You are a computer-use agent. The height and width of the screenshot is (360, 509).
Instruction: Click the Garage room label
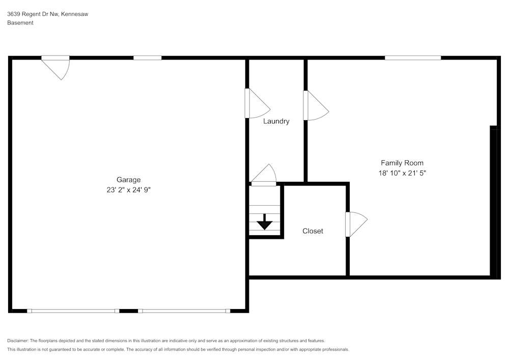pyautogui.click(x=128, y=180)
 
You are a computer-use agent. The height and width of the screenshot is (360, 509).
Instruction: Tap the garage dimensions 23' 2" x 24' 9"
pyautogui.click(x=128, y=190)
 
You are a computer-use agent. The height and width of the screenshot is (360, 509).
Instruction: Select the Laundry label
pyautogui.click(x=276, y=121)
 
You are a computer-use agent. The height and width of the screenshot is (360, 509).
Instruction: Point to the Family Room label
pyautogui.click(x=402, y=163)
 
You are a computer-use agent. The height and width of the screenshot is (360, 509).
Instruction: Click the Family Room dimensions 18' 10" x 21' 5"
pyautogui.click(x=402, y=173)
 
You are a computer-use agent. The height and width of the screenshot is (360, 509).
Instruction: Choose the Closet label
pyautogui.click(x=313, y=231)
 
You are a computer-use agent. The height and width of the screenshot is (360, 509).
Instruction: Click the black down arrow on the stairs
pyautogui.click(x=264, y=222)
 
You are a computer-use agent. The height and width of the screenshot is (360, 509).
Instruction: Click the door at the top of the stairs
pyautogui.click(x=264, y=176)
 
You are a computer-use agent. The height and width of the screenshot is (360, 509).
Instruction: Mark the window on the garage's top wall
pyautogui.click(x=147, y=58)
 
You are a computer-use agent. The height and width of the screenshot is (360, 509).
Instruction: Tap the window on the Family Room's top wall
pyautogui.click(x=413, y=58)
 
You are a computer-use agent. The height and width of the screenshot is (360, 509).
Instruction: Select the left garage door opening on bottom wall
pyautogui.click(x=73, y=311)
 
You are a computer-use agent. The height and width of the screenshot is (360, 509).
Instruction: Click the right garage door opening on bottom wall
pyautogui.click(x=184, y=311)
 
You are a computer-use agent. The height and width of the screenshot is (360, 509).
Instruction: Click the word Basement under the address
pyautogui.click(x=20, y=23)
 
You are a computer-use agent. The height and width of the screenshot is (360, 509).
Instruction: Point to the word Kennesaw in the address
pyautogui.click(x=75, y=14)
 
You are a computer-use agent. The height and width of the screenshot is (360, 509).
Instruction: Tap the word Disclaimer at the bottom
pyautogui.click(x=18, y=341)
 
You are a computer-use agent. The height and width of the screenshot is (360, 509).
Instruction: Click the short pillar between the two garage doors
pyautogui.click(x=128, y=311)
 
